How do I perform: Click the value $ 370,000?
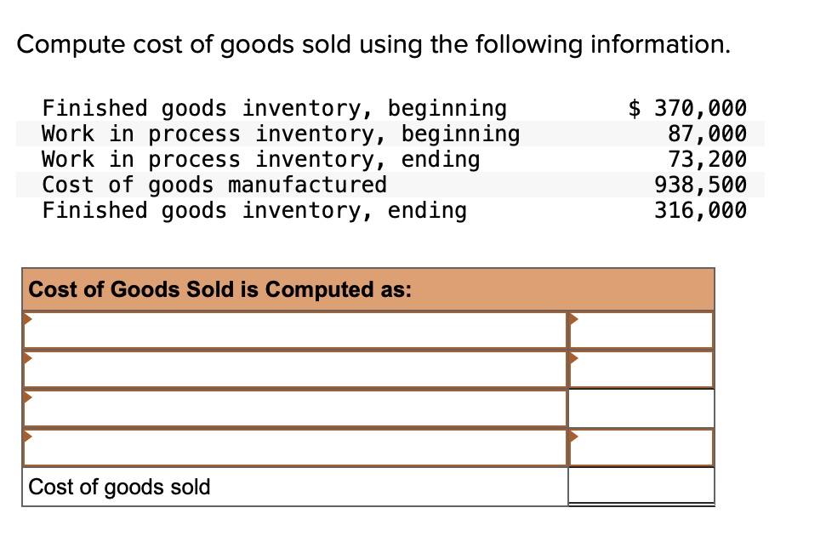click(687, 108)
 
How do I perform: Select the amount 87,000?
click(708, 134)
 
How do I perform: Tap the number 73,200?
click(708, 159)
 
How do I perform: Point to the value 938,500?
click(701, 185)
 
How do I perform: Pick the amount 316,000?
click(701, 210)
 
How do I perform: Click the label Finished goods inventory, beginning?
click(274, 108)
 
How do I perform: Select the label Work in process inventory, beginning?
click(281, 134)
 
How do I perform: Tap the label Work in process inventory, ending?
click(261, 159)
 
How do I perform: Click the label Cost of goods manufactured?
click(214, 185)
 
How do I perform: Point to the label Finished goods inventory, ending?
click(254, 210)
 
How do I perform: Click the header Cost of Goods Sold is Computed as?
click(220, 289)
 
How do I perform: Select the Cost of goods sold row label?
click(119, 487)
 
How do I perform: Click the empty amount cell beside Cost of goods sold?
click(641, 486)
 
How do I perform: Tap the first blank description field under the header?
click(294, 330)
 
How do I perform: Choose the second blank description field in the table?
click(294, 368)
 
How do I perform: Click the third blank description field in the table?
click(294, 408)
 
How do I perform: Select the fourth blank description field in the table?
click(294, 448)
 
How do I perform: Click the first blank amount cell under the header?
click(641, 330)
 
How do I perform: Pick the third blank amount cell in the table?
click(641, 408)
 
